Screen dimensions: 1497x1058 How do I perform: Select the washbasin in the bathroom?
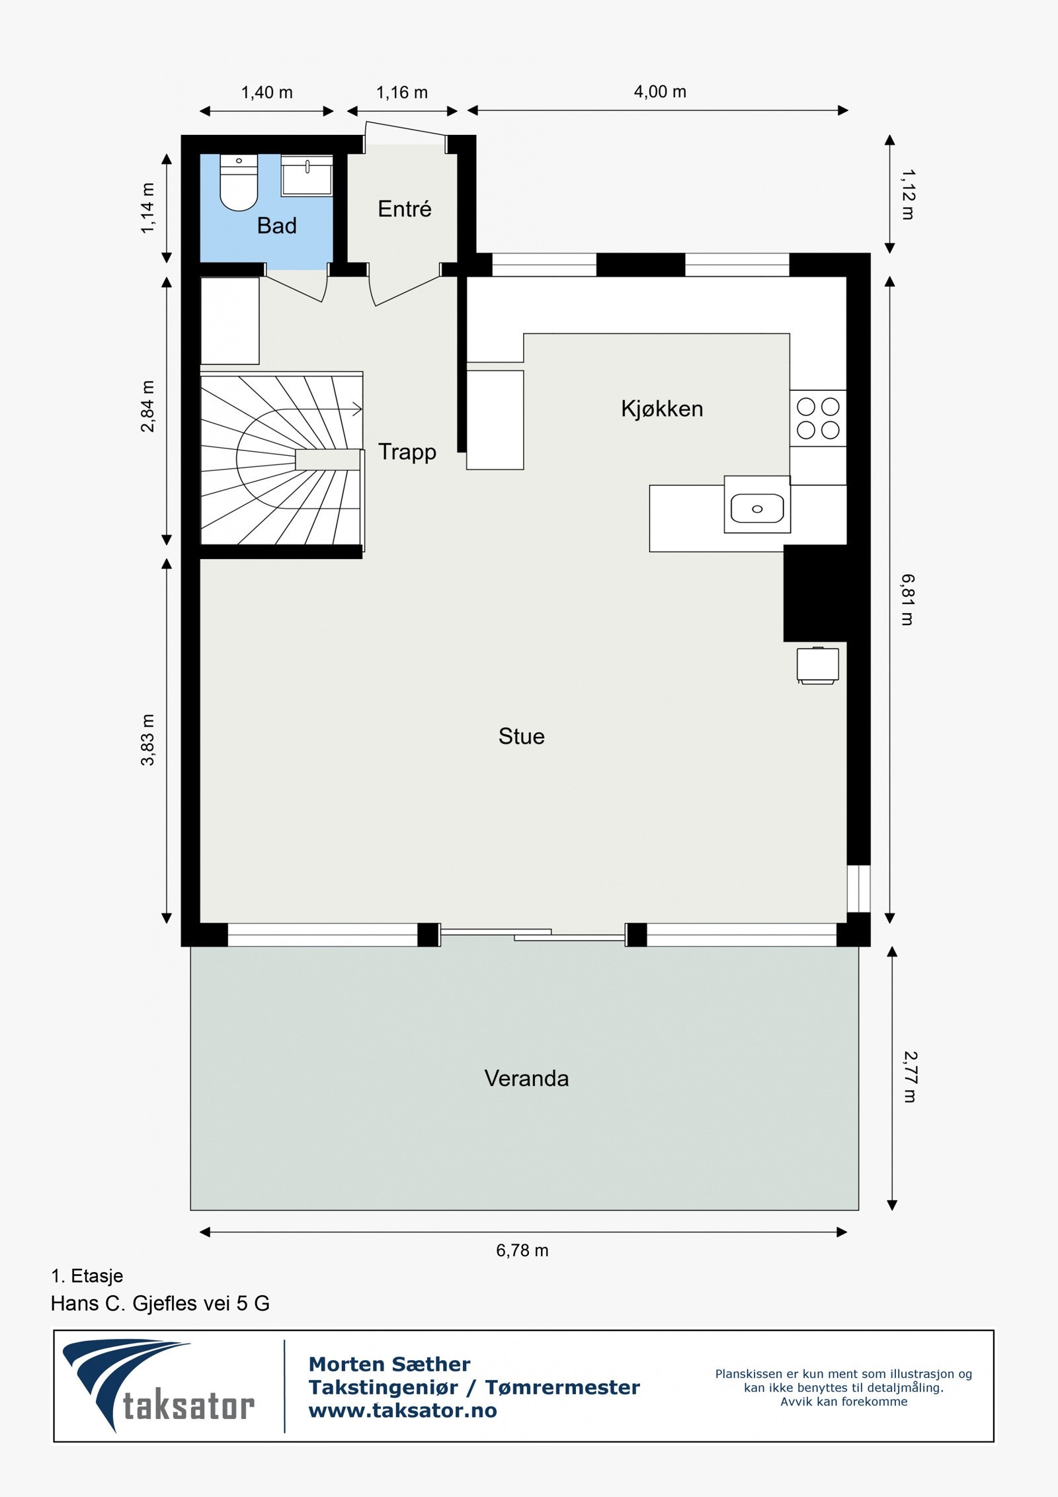(307, 175)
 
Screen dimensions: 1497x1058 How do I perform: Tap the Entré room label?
(404, 209)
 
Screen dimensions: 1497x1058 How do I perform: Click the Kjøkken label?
(661, 408)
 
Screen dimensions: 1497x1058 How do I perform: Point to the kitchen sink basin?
(757, 508)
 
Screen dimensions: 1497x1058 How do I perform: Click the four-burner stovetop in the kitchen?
(818, 418)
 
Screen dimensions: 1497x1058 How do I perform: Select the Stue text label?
(521, 736)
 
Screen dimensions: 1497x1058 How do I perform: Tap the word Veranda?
(526, 1078)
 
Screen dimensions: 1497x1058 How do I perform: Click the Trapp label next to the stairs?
(407, 452)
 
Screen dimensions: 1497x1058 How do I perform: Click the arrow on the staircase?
(356, 409)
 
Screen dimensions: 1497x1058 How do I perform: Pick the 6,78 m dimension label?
(522, 1250)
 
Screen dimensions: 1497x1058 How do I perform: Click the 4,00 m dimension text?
(660, 92)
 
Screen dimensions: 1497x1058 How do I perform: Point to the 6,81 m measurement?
(907, 599)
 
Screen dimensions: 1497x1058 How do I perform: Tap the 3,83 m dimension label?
(147, 740)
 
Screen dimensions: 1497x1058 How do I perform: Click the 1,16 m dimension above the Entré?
(402, 93)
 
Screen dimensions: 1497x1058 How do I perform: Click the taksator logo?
(159, 1386)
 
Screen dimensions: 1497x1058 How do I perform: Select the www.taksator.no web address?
(403, 1411)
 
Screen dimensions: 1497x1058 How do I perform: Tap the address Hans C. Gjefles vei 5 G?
(160, 1304)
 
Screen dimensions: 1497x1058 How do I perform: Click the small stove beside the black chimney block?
(817, 665)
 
